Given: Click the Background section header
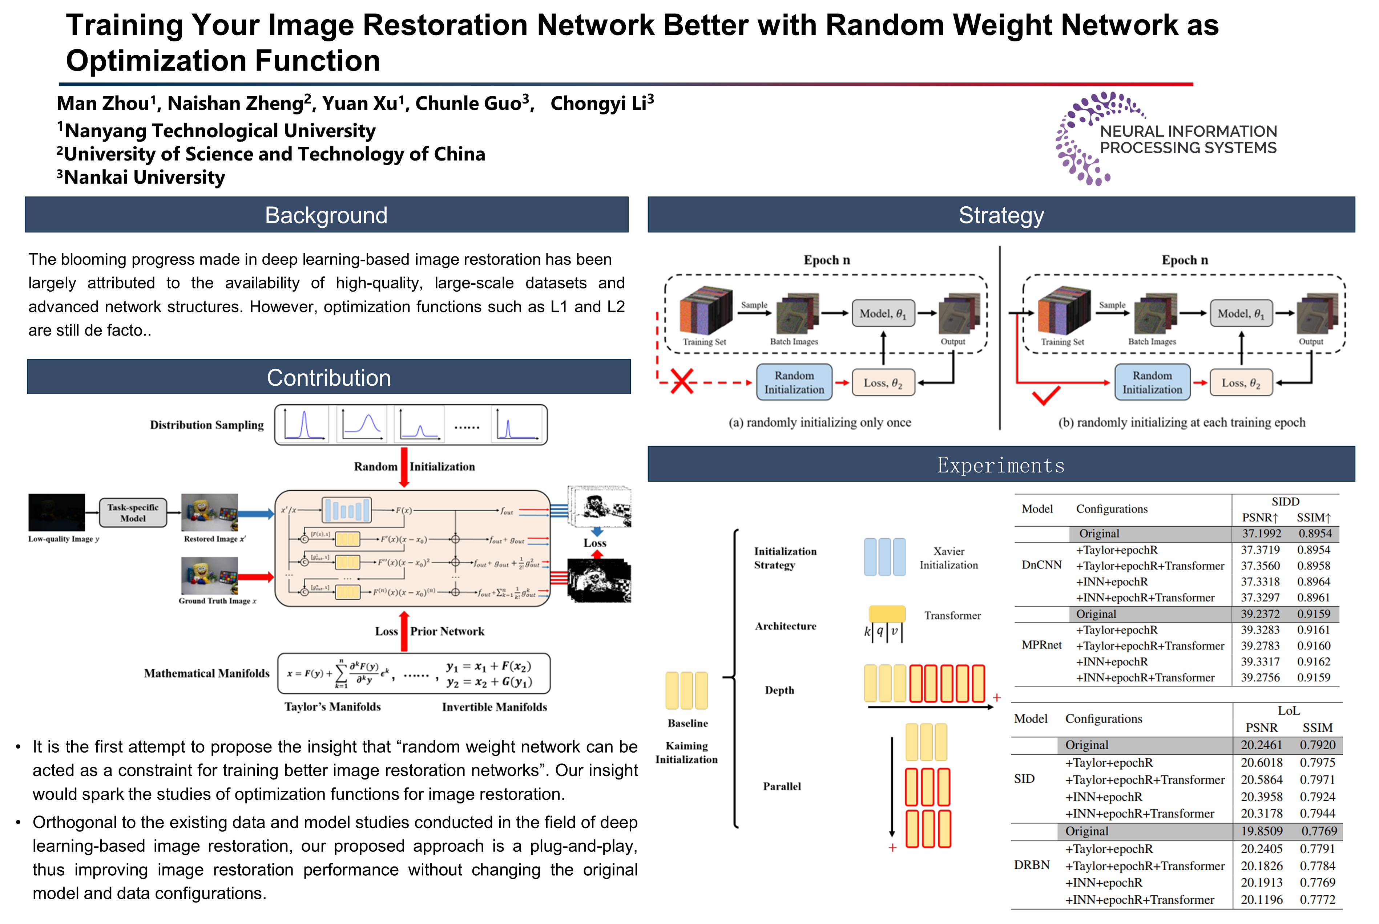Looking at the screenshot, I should pos(326,215).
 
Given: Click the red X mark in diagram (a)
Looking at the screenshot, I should pos(682,381).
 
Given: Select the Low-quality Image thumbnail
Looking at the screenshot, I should pos(57,512).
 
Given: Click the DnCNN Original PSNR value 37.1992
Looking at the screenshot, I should pos(1261,533).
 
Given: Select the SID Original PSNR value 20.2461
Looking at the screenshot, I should pos(1261,745).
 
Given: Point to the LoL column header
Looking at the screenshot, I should pos(1289,711).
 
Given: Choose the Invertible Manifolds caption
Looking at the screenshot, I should pos(494,706).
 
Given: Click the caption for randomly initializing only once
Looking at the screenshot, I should pos(819,422).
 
